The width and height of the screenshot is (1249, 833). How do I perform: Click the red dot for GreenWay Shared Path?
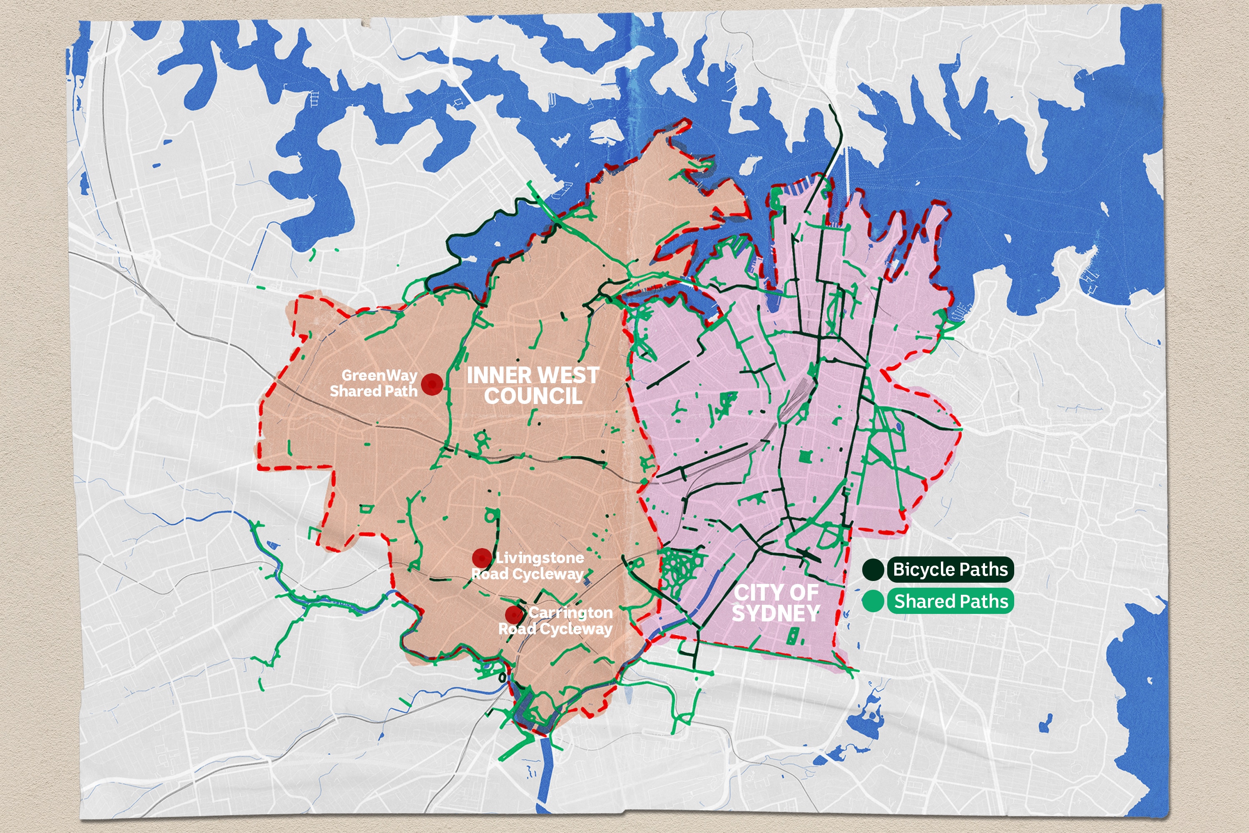432,384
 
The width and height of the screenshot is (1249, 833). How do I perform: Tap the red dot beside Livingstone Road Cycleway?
482,558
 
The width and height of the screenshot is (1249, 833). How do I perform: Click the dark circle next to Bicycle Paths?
873,569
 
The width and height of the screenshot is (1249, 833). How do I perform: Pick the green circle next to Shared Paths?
873,601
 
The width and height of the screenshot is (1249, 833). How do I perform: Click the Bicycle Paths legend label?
950,569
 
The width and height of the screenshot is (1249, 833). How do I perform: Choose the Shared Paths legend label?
950,601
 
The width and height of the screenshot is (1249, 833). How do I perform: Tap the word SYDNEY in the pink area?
776,613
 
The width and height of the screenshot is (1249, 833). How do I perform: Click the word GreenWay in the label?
379,375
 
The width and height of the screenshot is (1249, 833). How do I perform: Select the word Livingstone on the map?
540,558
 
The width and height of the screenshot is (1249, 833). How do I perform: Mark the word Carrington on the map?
570,613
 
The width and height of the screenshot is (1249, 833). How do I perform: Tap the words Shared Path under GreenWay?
373,391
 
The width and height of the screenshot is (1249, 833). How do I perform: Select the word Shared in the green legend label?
921,601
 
